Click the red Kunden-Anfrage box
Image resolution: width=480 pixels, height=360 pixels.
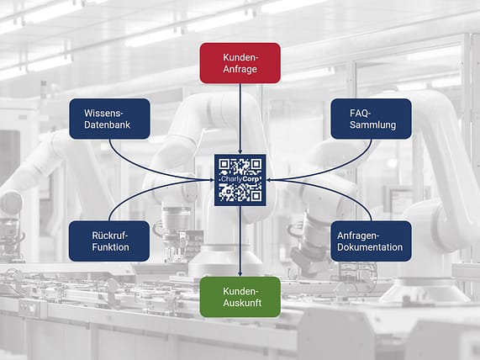coord(240,63)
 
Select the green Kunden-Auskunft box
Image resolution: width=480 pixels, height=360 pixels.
coord(240,297)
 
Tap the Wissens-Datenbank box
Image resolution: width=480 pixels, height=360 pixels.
coord(109,119)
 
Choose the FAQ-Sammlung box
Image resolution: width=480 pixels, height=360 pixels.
coord(371,119)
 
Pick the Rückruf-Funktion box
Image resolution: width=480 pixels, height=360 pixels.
coord(109,241)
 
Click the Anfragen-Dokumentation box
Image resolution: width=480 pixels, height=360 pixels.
coord(371,241)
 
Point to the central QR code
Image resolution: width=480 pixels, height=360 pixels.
coord(240,180)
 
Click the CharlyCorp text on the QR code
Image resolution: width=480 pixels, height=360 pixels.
coord(241,179)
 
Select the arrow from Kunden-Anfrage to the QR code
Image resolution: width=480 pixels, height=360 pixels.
coord(240,119)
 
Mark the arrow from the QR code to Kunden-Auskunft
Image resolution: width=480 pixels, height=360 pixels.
coord(240,241)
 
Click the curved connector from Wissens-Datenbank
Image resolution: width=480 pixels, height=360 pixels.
coord(144,168)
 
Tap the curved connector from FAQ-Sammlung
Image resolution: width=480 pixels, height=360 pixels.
coord(337,168)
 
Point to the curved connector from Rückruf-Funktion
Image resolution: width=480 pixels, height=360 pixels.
coord(144,191)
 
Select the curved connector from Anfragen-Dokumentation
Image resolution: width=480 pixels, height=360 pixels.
coord(337,191)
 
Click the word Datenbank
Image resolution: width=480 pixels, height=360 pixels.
coord(107,124)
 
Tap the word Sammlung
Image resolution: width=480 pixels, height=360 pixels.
coord(373,125)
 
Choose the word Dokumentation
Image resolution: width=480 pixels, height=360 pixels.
coord(370,247)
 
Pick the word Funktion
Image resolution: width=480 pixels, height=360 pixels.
coord(110,247)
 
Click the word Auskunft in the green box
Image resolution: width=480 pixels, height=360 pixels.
coord(242,303)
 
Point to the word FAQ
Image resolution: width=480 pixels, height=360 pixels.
coord(360,114)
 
